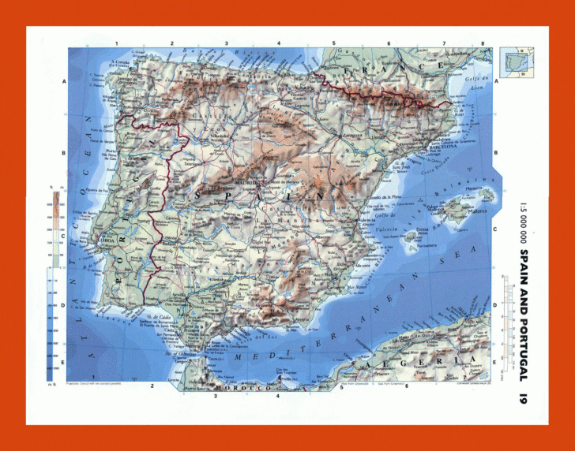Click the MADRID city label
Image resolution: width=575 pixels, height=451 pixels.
click(x=244, y=178)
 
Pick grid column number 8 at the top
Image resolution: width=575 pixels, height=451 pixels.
click(x=483, y=43)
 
